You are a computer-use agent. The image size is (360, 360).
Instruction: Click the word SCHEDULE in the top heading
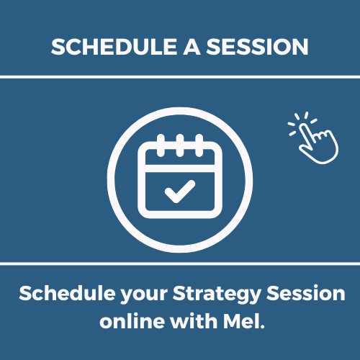click(x=114, y=47)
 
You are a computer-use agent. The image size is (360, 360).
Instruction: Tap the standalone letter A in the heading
click(x=192, y=47)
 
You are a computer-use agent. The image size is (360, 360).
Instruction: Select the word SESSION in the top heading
click(x=257, y=47)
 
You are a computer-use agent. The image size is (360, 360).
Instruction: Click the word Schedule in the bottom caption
click(x=67, y=293)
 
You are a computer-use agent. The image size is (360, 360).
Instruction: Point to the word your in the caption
click(x=144, y=296)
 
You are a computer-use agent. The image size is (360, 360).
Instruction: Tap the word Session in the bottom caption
click(x=306, y=293)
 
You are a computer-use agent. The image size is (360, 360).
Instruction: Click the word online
click(x=132, y=321)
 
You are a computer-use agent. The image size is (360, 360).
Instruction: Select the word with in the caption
click(x=194, y=321)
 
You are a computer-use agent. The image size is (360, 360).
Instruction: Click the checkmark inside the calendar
click(x=180, y=192)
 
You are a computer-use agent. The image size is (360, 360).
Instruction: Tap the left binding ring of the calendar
click(x=161, y=145)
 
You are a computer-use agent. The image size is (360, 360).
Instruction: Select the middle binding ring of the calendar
click(x=180, y=145)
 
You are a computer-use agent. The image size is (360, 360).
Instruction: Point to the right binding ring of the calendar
click(x=199, y=145)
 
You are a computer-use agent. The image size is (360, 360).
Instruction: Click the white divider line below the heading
click(x=180, y=77)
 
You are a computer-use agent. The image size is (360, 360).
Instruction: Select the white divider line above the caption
click(x=180, y=264)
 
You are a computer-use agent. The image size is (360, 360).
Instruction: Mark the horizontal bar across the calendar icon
click(x=180, y=168)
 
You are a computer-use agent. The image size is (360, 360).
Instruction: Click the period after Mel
click(x=262, y=326)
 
